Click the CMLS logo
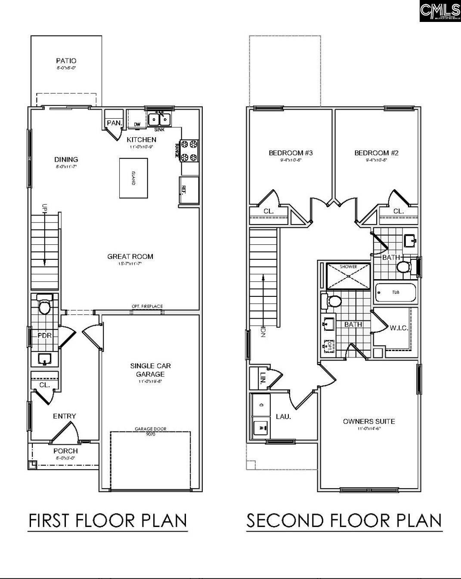point(439,11)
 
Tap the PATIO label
point(66,61)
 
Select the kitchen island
point(133,178)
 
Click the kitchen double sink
point(159,118)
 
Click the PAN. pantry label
point(114,123)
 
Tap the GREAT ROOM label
point(130,256)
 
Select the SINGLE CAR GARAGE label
point(151,370)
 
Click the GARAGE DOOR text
point(150,429)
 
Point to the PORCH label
point(65,451)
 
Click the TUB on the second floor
point(396,293)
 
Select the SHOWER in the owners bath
point(348,275)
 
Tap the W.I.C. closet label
point(399,328)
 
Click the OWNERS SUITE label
point(368,421)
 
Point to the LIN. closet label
point(263,378)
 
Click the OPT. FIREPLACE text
point(147,306)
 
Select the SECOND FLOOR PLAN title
point(344,520)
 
